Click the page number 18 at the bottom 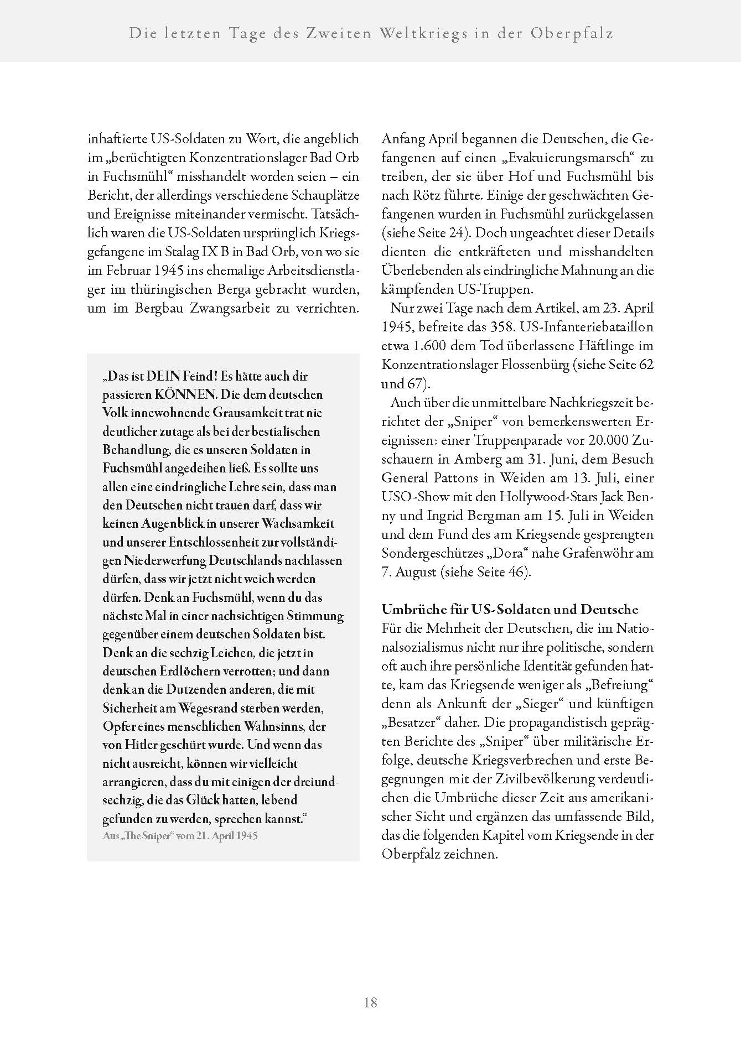(370, 1002)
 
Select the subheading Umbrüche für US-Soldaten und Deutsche (510, 610)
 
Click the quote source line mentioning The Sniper (180, 835)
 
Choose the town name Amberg (477, 459)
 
